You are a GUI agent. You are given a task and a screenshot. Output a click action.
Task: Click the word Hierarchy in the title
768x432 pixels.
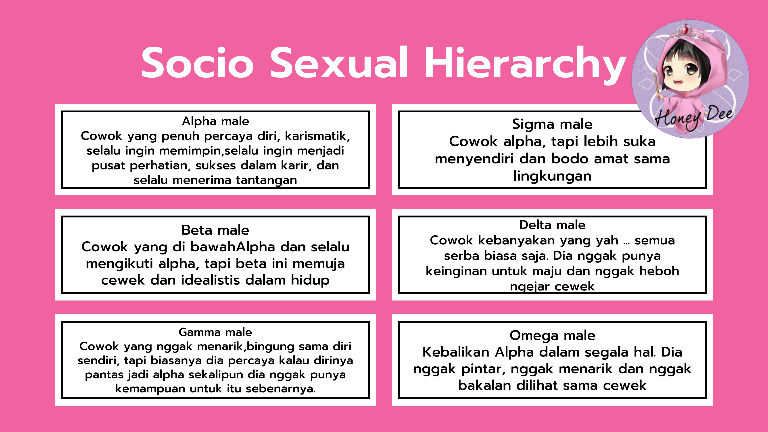[525, 63]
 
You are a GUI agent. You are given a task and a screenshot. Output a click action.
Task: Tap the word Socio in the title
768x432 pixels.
[197, 63]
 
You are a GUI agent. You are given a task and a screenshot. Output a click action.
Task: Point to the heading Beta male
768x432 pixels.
[215, 230]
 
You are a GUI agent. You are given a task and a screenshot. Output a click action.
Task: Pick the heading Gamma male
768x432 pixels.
[215, 332]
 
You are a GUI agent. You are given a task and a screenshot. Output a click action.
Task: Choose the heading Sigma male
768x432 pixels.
[552, 124]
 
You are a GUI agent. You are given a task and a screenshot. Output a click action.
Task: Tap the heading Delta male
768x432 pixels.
[552, 225]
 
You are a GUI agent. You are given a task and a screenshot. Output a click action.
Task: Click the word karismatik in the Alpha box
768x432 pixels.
[317, 136]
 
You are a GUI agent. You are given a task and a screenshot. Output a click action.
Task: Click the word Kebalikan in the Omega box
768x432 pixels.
[456, 352]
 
